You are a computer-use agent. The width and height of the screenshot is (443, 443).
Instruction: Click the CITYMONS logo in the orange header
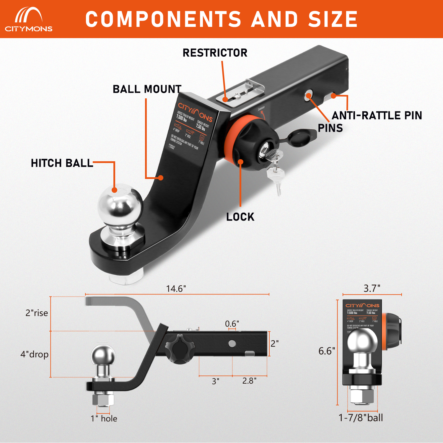coord(29,19)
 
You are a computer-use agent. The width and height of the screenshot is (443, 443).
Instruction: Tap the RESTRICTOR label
coord(215,53)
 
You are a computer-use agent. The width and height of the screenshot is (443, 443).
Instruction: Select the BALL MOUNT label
coord(147,89)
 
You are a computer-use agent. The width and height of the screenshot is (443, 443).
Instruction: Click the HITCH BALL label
coord(62,163)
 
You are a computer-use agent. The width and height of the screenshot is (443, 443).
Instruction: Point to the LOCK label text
coord(240,217)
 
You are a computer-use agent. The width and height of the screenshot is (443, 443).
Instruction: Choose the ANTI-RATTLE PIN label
coord(377,115)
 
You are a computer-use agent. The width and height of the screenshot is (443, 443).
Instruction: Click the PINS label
coord(330,128)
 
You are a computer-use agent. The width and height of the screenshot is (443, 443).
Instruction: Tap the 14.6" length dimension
coord(176,289)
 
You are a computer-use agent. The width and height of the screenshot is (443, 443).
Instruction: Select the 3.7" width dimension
coord(372,288)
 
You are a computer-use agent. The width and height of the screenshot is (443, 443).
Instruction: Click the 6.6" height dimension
coord(327,351)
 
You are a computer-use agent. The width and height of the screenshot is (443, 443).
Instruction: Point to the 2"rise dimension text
coord(37,313)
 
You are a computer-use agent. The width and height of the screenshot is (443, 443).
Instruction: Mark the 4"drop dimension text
coord(35,354)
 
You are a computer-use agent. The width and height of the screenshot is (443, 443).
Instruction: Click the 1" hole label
coord(104,418)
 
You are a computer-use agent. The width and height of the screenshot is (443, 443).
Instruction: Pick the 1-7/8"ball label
coord(361,418)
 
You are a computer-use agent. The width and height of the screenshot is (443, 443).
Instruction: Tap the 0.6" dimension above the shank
coord(232,324)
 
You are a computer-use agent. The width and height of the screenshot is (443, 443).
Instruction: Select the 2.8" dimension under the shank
coord(249,381)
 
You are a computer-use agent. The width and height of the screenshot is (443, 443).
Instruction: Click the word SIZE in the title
coord(333,19)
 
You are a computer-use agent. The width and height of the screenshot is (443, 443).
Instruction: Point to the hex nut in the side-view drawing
coord(103,399)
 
